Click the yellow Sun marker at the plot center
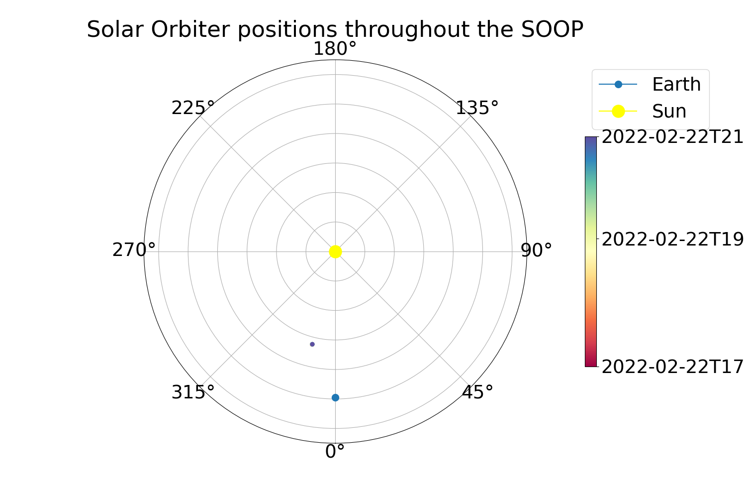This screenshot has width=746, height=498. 335,251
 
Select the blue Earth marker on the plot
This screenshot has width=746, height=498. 335,397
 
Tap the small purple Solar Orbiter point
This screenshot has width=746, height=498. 312,344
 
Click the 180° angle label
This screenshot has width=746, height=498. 335,49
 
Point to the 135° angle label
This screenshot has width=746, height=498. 477,108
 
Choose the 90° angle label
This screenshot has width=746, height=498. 536,250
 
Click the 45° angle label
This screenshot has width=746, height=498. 477,392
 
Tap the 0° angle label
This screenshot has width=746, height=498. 335,452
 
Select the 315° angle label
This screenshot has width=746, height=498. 193,392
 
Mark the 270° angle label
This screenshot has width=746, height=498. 134,250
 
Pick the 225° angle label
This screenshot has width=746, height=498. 193,108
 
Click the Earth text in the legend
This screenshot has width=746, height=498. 676,84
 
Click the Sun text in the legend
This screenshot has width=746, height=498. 669,111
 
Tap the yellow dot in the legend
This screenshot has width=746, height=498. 618,111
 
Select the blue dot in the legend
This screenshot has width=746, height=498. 618,84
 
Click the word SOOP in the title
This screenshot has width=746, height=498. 552,29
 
